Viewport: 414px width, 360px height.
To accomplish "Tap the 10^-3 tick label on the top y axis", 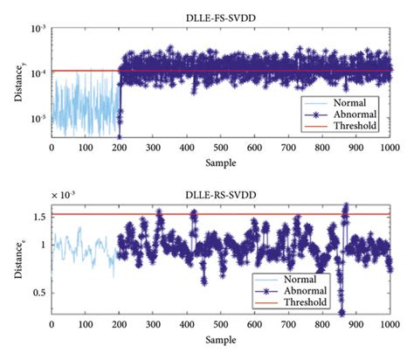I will point(38,29).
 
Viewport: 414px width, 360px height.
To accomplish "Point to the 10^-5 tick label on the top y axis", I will point(38,118).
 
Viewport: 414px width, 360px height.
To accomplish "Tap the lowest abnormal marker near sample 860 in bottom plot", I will point(342,312).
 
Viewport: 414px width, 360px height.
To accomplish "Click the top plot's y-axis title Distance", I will point(17,81).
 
